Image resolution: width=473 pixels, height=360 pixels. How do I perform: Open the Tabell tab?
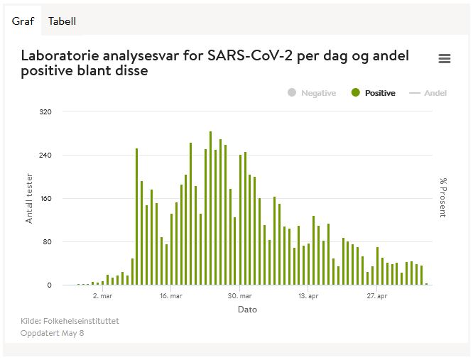point(62,21)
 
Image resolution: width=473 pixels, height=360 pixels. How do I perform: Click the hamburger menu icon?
point(445,59)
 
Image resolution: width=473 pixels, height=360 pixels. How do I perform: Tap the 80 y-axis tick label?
point(47,242)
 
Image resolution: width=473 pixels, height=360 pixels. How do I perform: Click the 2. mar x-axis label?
point(103,296)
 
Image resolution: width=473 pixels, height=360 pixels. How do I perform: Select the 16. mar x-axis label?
point(171,296)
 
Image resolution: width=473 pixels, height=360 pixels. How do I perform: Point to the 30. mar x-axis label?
point(240,296)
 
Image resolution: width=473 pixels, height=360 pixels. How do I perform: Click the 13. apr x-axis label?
point(309,296)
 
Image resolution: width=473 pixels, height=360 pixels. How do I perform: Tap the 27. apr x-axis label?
point(377,296)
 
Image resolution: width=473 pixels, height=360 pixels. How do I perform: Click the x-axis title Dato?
point(247,310)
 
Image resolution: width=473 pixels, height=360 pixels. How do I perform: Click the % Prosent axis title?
point(442,198)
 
